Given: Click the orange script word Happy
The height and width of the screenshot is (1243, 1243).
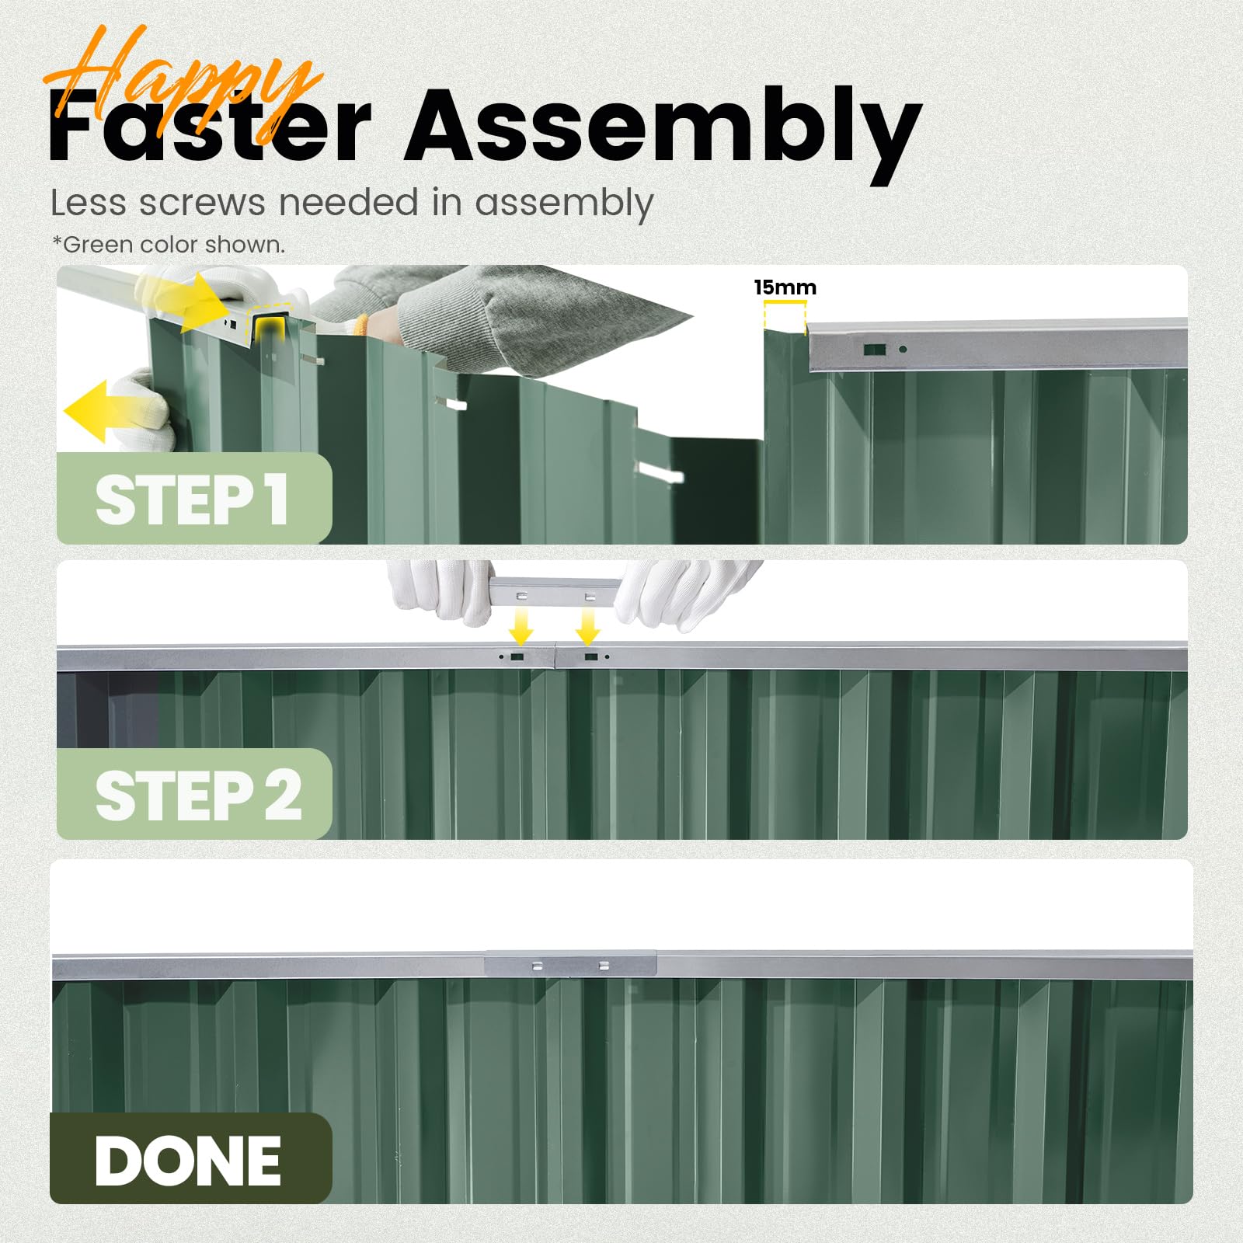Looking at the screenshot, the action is point(183,85).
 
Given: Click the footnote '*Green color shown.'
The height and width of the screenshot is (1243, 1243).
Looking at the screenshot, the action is point(169,245).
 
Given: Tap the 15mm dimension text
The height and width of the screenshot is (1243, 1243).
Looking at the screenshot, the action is point(785,287).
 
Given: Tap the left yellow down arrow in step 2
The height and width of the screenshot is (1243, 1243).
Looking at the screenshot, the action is point(521,625).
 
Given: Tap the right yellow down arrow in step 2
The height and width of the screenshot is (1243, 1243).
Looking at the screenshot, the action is point(588,625).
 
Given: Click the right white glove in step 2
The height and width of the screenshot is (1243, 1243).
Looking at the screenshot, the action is point(684,590).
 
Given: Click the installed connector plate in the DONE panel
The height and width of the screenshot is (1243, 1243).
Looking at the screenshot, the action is point(570,965).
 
